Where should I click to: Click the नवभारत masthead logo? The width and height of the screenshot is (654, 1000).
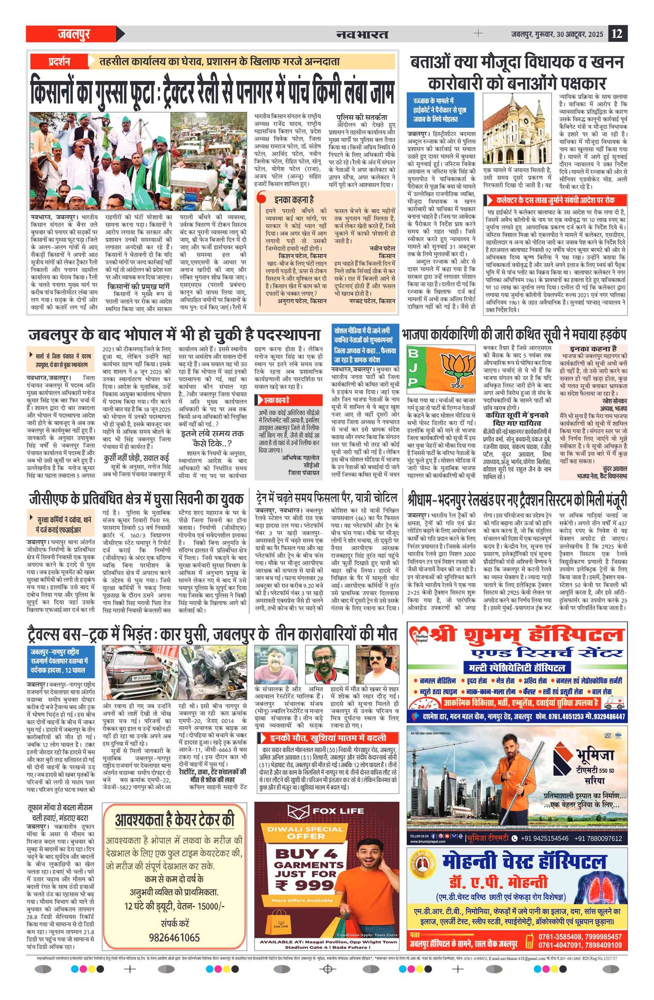tap(362, 34)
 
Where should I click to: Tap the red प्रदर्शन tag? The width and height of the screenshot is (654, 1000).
tap(58, 62)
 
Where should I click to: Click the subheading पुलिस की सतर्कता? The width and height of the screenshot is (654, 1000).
tap(361, 117)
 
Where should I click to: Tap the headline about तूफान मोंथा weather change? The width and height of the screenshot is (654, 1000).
tap(61, 813)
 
